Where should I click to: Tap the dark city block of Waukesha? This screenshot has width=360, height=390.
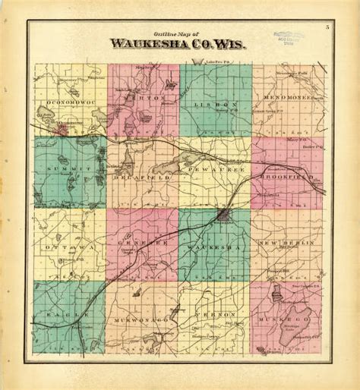point(223,215)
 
